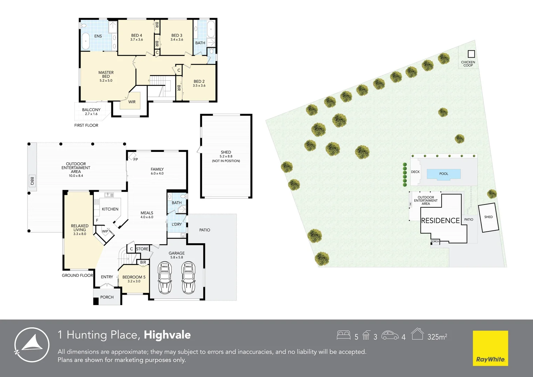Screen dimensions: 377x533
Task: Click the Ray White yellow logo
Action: [490, 348]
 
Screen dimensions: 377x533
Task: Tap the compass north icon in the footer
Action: [32, 345]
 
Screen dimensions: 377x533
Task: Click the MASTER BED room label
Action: [106, 76]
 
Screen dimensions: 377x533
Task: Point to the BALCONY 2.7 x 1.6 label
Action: [91, 112]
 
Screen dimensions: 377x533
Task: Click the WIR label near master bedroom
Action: [132, 102]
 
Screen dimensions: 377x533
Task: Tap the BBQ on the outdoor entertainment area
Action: [32, 181]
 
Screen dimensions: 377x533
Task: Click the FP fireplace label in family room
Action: [136, 160]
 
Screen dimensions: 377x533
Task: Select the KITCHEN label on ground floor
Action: [110, 209]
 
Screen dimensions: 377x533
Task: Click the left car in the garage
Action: [165, 278]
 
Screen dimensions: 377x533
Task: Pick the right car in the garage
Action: [188, 278]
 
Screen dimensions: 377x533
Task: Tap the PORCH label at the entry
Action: [107, 297]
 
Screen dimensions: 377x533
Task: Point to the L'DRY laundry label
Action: [177, 224]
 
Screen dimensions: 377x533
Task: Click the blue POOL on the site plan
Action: [444, 174]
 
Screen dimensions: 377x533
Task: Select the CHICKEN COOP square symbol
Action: [471, 54]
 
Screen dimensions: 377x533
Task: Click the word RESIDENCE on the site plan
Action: [440, 221]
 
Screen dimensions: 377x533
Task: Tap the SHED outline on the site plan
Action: [488, 217]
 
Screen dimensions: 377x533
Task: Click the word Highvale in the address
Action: [167, 335]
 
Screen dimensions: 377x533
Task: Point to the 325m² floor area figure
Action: [437, 337]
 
